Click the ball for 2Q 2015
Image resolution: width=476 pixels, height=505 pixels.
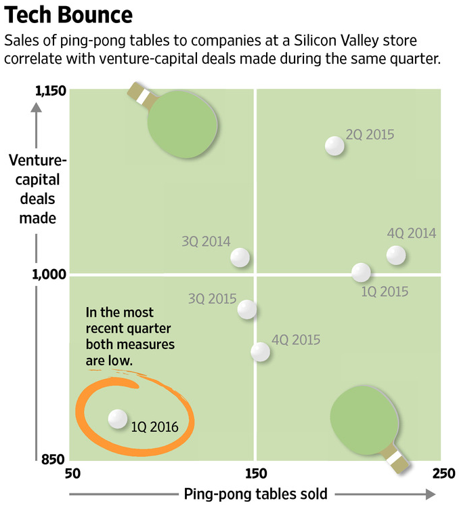pos(334,145)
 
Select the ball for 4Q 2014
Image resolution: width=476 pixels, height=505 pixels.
pos(396,256)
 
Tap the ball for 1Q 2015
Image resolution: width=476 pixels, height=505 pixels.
pos(362,272)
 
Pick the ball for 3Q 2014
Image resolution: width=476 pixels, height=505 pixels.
pos(240,258)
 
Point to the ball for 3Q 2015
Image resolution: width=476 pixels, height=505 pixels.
pos(247,309)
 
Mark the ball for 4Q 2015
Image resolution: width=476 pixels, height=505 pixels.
pos(260,351)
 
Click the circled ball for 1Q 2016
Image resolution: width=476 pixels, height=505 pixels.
pos(118,419)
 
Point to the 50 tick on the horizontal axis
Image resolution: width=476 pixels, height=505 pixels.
pos(74,473)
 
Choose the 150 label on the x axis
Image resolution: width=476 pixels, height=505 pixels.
pos(255,473)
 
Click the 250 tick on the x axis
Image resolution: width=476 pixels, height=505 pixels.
pos(441,473)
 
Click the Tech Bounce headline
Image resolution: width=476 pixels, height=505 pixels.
pos(68,15)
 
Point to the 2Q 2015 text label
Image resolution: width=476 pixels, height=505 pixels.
pos(370,134)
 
